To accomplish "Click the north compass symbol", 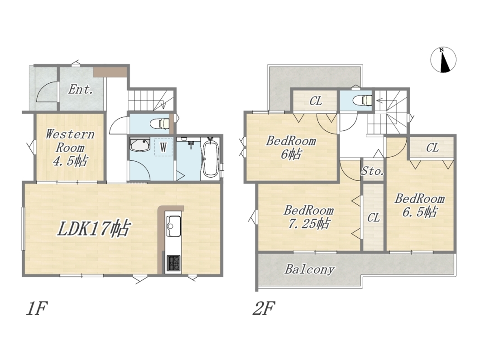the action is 443,60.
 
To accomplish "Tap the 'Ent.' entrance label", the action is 81,90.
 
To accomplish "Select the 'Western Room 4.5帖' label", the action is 70,148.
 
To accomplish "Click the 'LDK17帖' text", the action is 94,228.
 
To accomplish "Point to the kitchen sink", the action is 173,226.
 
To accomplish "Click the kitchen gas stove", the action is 173,263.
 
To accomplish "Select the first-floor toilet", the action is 160,123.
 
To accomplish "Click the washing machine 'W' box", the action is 163,148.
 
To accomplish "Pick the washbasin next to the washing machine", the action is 139,144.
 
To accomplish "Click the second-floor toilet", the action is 362,100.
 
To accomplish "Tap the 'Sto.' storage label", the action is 372,171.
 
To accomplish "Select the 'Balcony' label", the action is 309,269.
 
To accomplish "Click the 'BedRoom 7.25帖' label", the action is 308,217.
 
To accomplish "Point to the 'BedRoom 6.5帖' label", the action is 419,206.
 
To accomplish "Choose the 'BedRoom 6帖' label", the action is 291,148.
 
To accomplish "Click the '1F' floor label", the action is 36,309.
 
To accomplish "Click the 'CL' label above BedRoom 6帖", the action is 316,101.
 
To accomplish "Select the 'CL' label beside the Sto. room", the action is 374,218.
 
